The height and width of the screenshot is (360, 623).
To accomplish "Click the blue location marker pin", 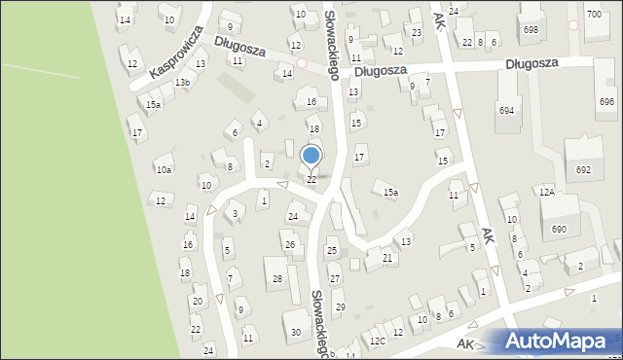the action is click(x=311, y=156).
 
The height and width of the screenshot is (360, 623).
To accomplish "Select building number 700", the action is click(x=594, y=14).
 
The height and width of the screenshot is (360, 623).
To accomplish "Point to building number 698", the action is click(x=531, y=30).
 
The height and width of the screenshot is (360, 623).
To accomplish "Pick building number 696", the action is click(x=606, y=101).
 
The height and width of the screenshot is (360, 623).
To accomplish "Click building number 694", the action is click(x=506, y=111).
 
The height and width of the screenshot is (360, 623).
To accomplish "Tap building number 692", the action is click(x=583, y=169).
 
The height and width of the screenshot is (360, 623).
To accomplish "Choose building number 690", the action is click(x=559, y=229).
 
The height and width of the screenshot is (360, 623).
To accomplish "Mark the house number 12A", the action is click(x=547, y=193).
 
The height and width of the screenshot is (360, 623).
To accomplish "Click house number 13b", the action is click(x=182, y=83).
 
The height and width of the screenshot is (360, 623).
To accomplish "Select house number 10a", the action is click(x=164, y=169).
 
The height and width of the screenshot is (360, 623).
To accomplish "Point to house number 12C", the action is click(x=378, y=341).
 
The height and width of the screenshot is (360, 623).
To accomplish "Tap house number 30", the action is click(x=295, y=333).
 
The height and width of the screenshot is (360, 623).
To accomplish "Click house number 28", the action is click(x=277, y=279).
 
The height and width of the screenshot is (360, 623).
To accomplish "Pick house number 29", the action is click(x=340, y=306).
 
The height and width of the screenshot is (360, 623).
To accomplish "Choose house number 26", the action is click(x=289, y=244).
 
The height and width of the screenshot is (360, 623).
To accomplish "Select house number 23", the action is click(x=417, y=33).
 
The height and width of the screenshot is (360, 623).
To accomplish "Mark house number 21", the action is click(x=387, y=257).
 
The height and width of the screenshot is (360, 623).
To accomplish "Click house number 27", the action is click(x=334, y=278).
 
